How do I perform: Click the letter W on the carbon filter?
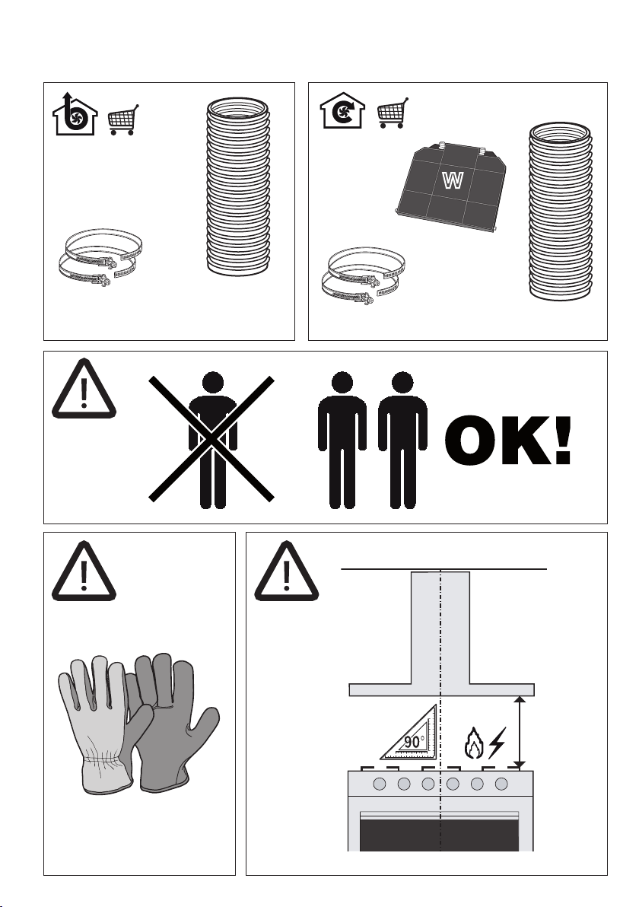pos(452,181)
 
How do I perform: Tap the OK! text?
pos(508,441)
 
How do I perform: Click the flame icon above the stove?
pos(474,743)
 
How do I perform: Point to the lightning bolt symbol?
pos(497,743)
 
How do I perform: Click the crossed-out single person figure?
pos(212,440)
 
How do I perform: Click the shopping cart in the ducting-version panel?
pos(123,119)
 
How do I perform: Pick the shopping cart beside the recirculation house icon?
pos(393,113)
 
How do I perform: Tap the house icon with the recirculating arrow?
pos(343,110)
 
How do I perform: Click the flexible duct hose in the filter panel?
pos(561,211)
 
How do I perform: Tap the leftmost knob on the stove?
pos(380,784)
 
